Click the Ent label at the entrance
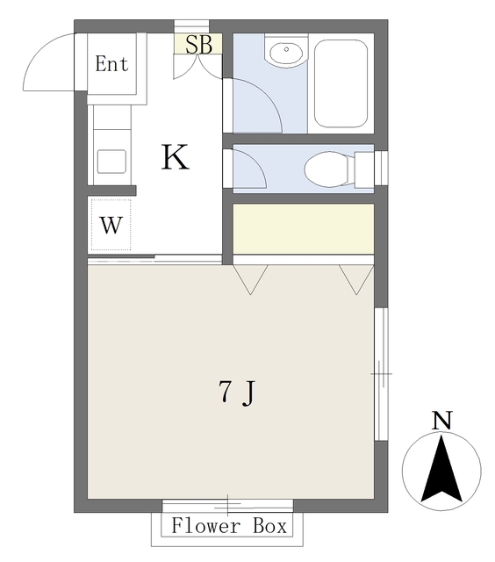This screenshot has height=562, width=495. point(111,64)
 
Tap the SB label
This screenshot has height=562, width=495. point(198,45)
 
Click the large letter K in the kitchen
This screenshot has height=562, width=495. point(175,157)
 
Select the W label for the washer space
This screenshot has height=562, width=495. point(111,225)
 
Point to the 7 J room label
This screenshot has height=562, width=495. point(237,393)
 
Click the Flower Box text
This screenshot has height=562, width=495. point(229,526)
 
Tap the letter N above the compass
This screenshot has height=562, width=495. point(441,421)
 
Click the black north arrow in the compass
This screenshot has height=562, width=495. point(441,469)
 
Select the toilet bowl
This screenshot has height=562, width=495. point(326,169)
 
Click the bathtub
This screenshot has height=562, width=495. point(341,83)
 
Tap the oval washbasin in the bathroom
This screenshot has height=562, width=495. point(287,53)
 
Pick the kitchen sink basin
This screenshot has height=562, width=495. point(111,162)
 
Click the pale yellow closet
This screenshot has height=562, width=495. point(304,228)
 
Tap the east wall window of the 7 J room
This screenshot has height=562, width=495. point(381,374)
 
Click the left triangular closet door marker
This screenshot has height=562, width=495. point(250,279)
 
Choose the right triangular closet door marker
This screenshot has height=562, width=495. point(356,279)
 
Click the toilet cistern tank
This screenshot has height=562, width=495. point(364,169)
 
